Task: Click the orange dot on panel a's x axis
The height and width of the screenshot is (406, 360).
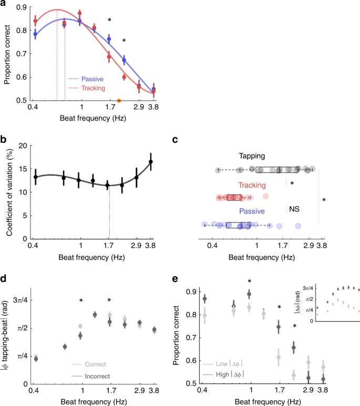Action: pyautogui.click(x=119, y=100)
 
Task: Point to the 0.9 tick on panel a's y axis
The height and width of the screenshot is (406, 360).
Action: pyautogui.click(x=22, y=8)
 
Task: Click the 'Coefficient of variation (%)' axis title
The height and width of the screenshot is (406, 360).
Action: pyautogui.click(x=8, y=192)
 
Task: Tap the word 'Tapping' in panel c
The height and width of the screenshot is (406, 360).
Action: pyautogui.click(x=252, y=156)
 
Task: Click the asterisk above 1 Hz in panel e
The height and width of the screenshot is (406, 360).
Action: pyautogui.click(x=250, y=282)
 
